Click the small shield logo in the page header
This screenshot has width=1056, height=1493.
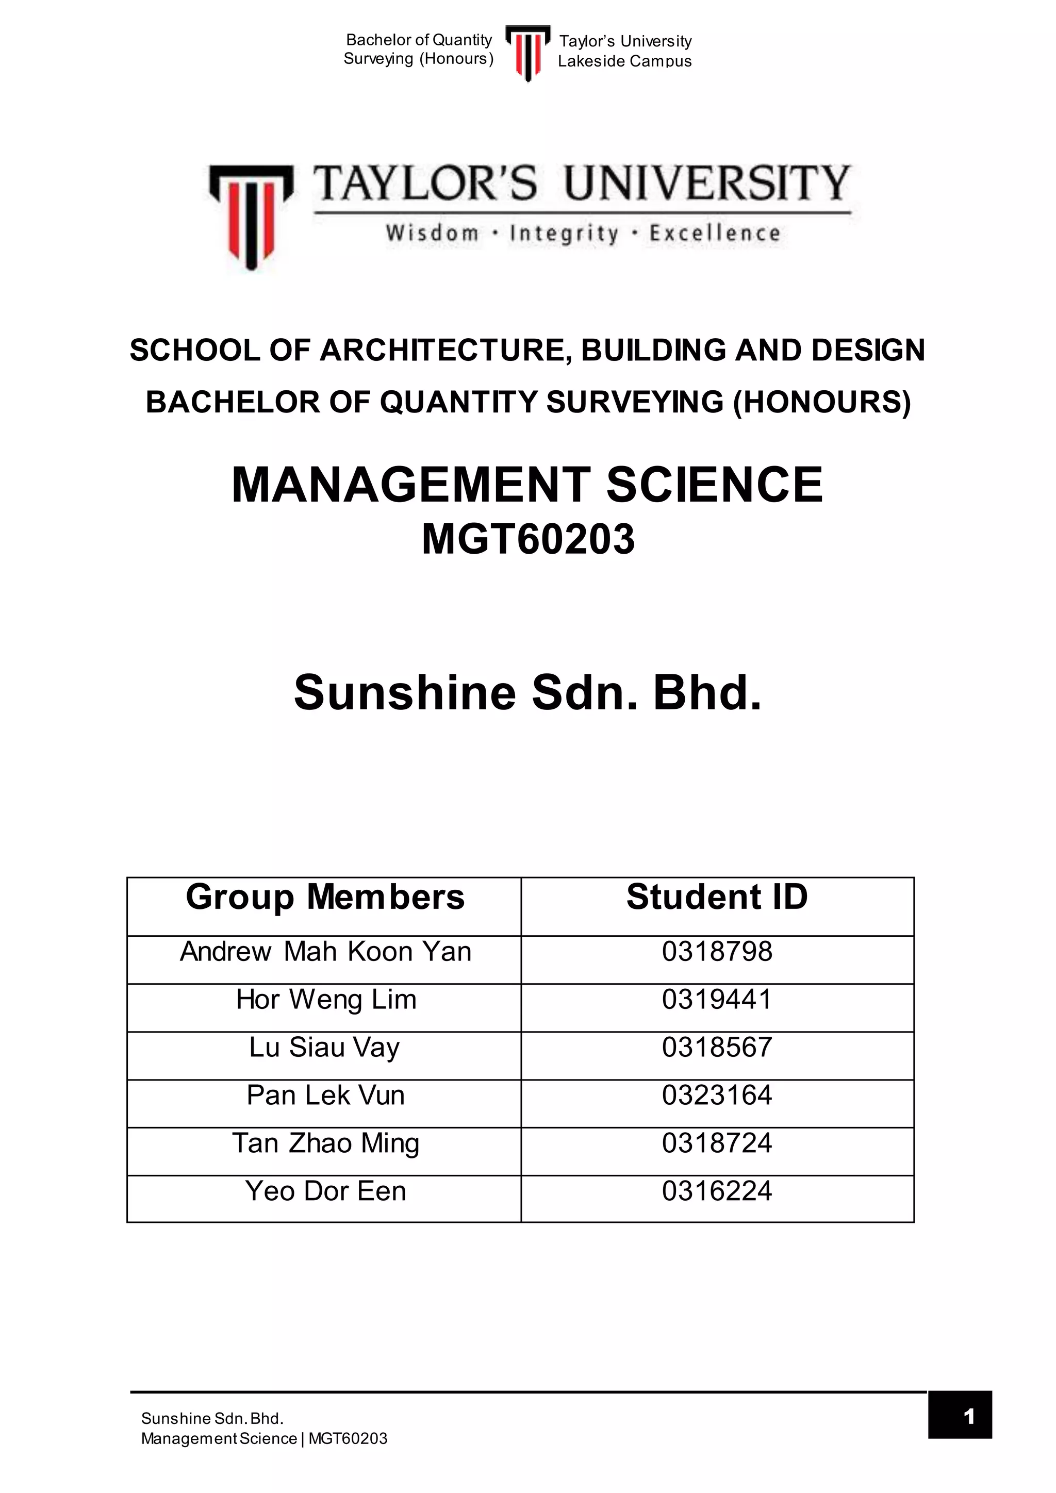click(527, 52)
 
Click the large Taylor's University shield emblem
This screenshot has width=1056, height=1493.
click(251, 215)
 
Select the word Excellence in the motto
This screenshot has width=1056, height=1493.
click(715, 233)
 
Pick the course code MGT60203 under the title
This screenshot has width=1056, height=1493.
click(528, 540)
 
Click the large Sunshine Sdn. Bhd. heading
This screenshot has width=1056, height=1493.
click(527, 693)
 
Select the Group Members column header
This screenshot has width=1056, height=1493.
click(325, 898)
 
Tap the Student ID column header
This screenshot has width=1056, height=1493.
click(717, 898)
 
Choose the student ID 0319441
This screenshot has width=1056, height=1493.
click(717, 1000)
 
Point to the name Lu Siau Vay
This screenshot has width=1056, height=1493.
click(324, 1048)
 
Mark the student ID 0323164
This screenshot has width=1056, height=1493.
click(717, 1095)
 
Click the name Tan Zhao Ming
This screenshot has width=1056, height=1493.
click(326, 1143)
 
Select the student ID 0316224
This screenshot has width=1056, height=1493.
click(717, 1190)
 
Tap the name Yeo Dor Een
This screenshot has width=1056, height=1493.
click(326, 1190)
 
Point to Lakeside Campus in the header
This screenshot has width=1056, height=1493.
click(624, 61)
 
